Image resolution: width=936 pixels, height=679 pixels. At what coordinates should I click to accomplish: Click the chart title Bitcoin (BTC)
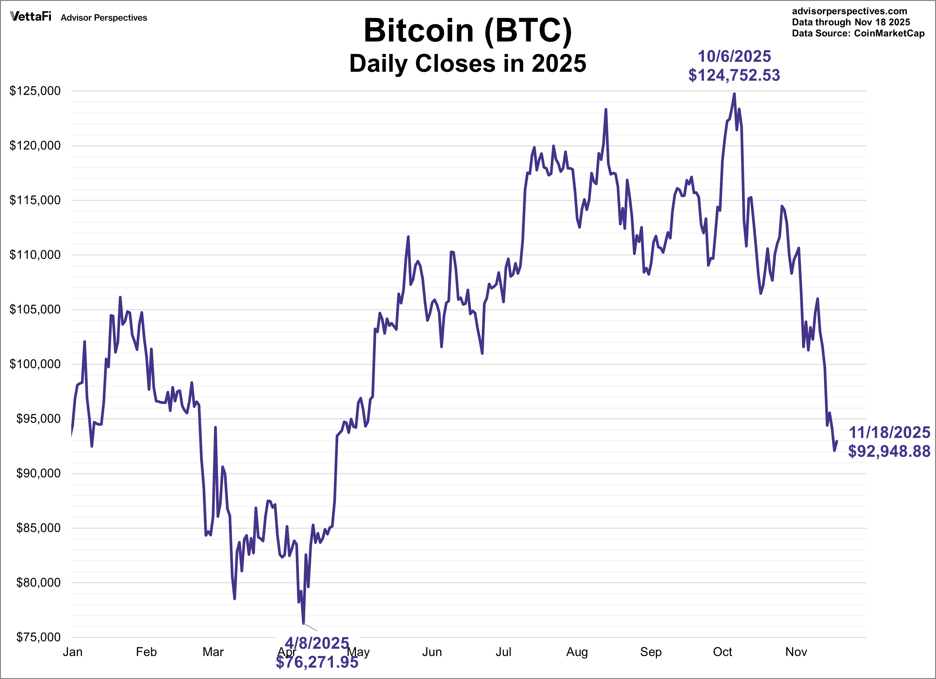[x=468, y=31]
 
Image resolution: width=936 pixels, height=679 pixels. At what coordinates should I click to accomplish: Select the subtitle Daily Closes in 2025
[x=468, y=64]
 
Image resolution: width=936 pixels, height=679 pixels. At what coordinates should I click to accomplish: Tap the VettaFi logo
[x=31, y=16]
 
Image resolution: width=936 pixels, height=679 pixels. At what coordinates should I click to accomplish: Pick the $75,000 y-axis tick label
[x=38, y=637]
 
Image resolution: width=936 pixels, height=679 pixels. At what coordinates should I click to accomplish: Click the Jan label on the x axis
[x=73, y=652]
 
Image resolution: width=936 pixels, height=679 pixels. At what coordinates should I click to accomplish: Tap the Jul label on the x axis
[x=503, y=652]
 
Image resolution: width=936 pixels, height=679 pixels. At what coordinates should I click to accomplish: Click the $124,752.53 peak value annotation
[x=734, y=75]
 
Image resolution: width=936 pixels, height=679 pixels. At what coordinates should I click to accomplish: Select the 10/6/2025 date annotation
[x=734, y=56]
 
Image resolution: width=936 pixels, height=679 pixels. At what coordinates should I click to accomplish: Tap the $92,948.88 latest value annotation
[x=889, y=451]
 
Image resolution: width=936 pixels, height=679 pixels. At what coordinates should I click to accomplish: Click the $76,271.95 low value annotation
[x=317, y=663]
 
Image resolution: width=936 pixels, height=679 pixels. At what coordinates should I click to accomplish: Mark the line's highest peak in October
[x=734, y=94]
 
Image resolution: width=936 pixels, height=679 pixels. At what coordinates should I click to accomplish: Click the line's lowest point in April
[x=303, y=623]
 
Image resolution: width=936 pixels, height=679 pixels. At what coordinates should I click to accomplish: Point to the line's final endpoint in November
[x=837, y=441]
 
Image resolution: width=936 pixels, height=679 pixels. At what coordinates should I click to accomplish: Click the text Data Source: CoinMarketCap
[x=858, y=34]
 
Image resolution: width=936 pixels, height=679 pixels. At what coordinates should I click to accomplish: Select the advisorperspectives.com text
[x=849, y=11]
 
